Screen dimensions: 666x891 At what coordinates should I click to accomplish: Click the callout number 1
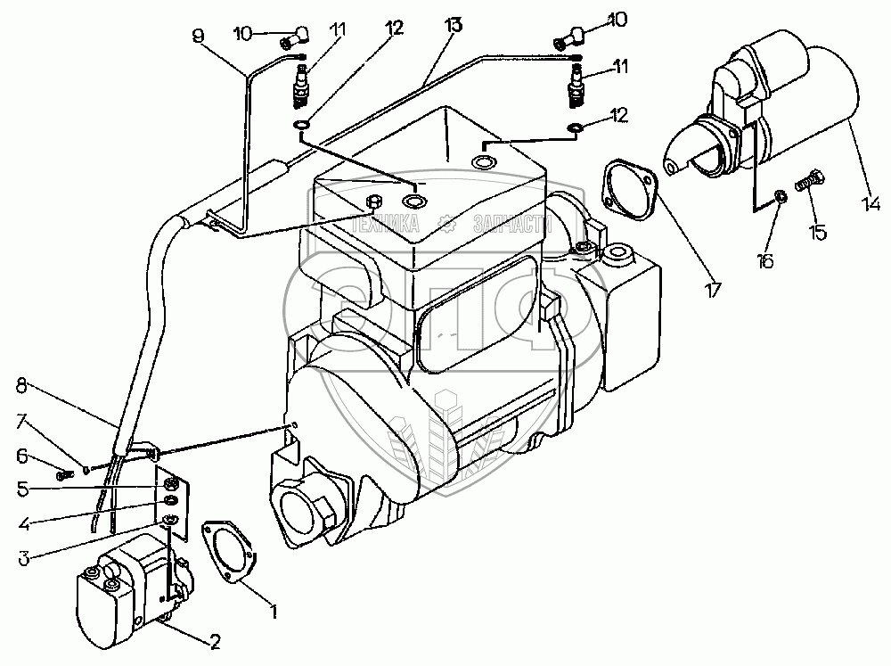274,612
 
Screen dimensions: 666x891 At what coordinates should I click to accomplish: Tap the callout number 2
214,639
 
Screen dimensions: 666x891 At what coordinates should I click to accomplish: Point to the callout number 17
712,288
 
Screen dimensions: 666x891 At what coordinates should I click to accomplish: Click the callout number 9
197,35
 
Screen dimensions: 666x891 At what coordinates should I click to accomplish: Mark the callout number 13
454,25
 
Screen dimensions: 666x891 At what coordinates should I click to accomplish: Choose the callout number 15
816,232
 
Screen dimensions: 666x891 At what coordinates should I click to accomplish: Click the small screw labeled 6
62,474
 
